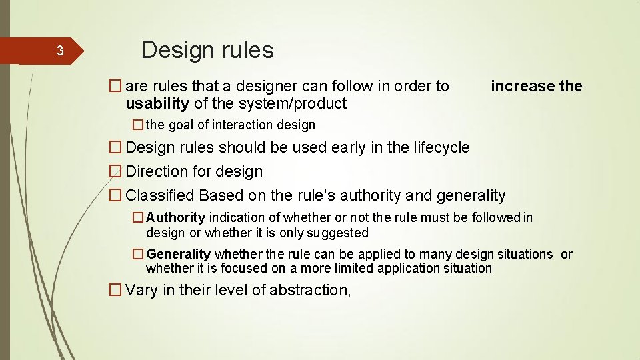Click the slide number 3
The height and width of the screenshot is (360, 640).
pyautogui.click(x=59, y=51)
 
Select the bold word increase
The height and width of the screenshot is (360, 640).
pyautogui.click(x=523, y=86)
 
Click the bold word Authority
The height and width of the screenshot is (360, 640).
pyautogui.click(x=175, y=217)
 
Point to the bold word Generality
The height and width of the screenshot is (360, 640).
pyautogui.click(x=178, y=254)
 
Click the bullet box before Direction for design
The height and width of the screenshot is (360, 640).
pyautogui.click(x=116, y=171)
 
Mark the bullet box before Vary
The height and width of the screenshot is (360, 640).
pyautogui.click(x=116, y=290)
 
